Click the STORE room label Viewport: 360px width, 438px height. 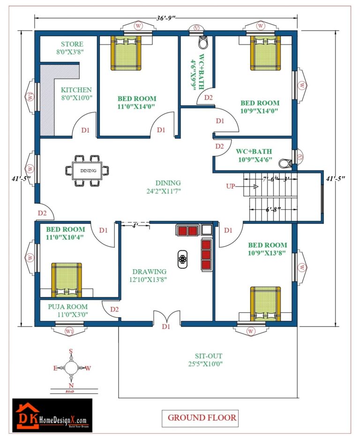(x=72, y=44)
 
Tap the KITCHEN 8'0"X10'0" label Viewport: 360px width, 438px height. (x=76, y=90)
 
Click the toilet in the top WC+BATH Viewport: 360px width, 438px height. (x=202, y=44)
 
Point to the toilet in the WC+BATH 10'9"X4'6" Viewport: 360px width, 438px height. (x=285, y=163)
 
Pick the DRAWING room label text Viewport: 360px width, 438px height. (x=149, y=272)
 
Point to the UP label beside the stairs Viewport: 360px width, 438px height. (x=231, y=186)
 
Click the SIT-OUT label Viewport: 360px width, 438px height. (x=209, y=356)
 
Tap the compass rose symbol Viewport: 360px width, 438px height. (x=71, y=367)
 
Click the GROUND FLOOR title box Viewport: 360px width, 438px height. (x=202, y=417)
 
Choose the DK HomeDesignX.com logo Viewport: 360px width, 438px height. (x=52, y=415)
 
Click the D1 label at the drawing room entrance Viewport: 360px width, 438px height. (x=166, y=327)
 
